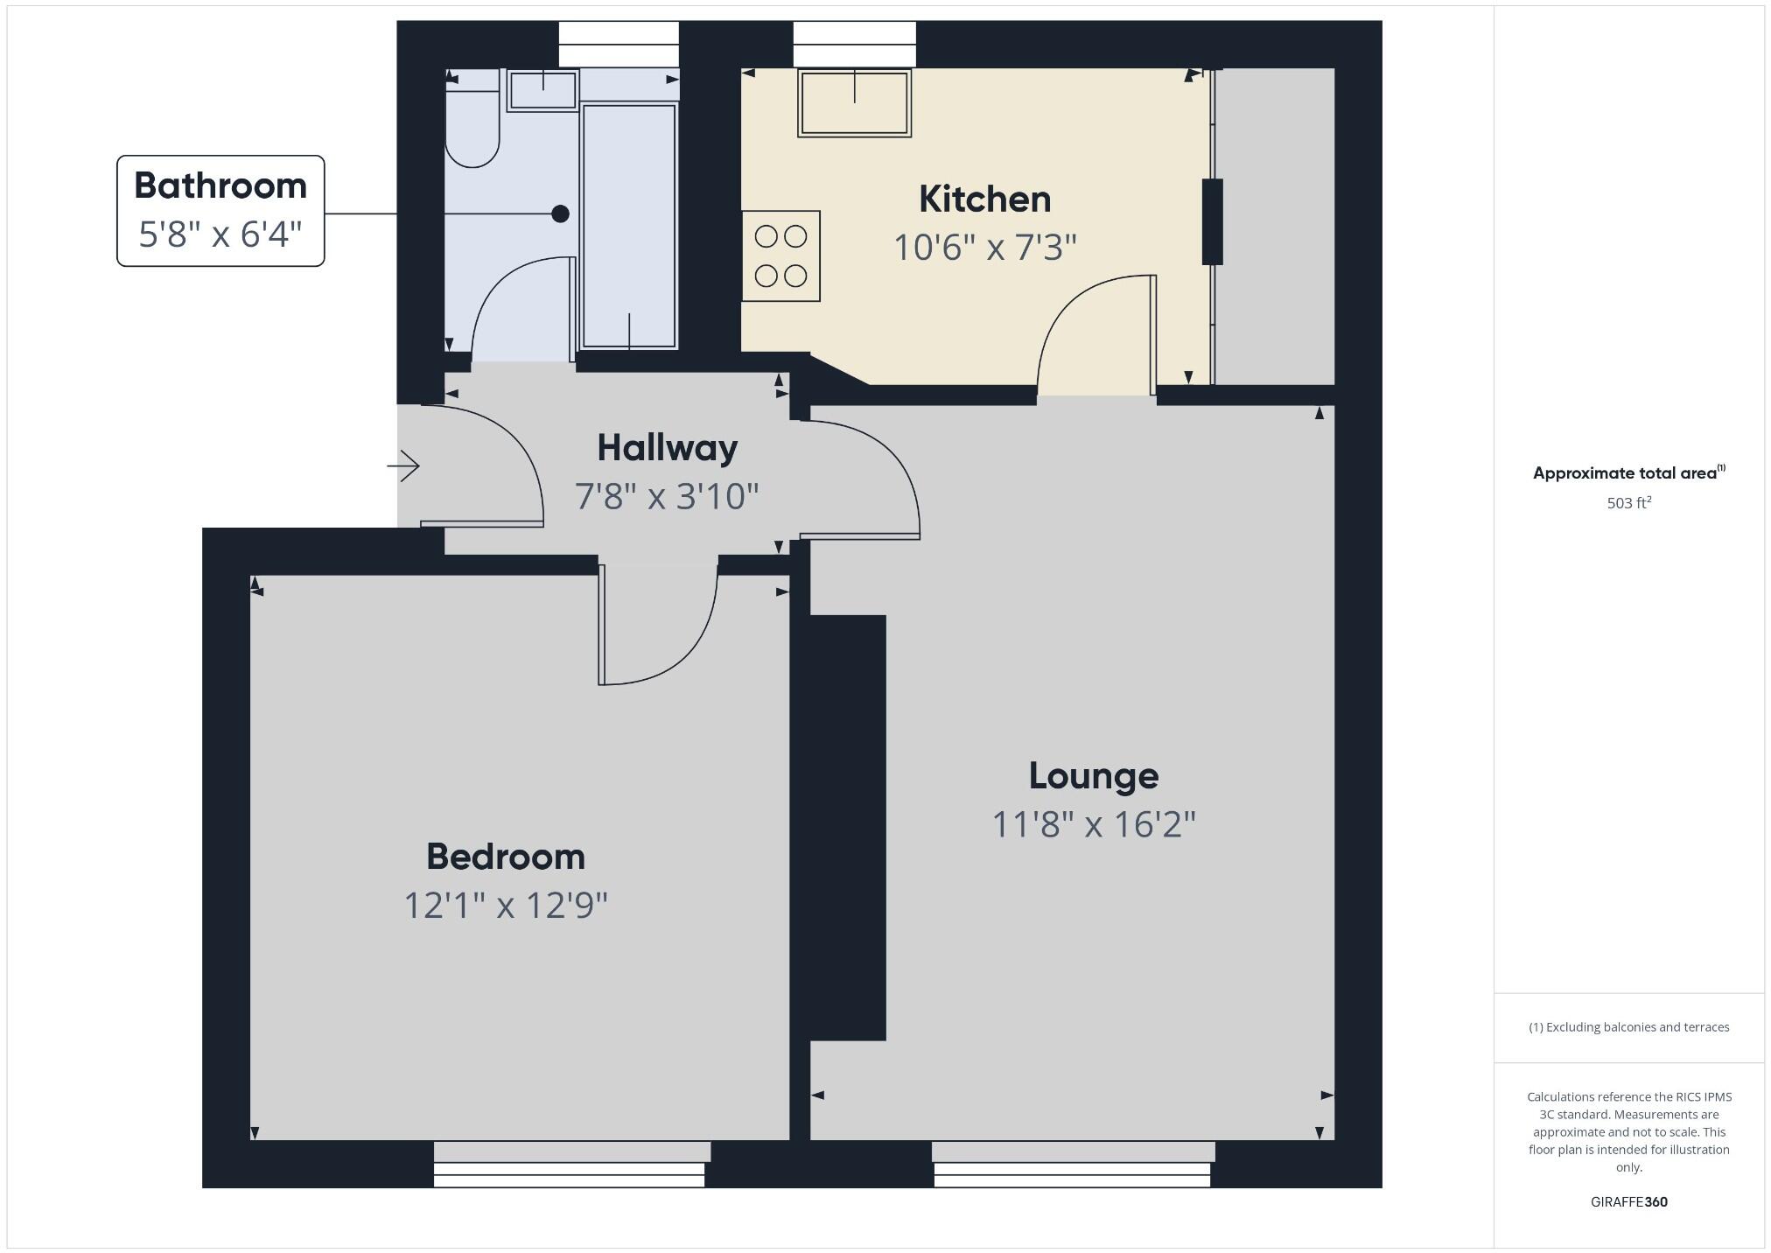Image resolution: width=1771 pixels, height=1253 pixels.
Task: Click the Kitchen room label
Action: point(984,199)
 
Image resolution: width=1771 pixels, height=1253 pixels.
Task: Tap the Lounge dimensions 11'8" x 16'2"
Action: point(1093,824)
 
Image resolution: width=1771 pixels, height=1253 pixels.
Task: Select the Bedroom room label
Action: point(505,857)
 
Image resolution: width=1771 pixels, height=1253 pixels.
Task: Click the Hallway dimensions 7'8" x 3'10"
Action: point(667,496)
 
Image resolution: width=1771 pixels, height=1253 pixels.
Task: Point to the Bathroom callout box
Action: point(220,211)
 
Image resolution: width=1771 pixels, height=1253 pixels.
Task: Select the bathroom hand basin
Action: point(542,90)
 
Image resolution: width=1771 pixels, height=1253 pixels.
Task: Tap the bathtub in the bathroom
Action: point(629,226)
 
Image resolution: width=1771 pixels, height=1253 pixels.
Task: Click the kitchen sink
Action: point(854,102)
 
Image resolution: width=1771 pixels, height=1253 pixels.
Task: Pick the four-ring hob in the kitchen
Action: point(780,256)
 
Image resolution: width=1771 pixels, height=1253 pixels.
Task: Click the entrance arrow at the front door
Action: point(403,465)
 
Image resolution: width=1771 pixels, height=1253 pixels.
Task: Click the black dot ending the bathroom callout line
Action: point(560,213)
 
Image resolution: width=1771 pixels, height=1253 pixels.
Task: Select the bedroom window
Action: point(570,1164)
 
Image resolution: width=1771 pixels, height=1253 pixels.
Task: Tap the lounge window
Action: point(1073,1164)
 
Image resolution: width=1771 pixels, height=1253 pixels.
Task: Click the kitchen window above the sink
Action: point(854,45)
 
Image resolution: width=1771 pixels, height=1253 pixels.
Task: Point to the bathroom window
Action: point(619,45)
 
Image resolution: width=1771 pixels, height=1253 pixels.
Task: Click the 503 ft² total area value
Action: point(1628,503)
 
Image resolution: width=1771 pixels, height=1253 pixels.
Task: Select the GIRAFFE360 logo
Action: point(1628,1201)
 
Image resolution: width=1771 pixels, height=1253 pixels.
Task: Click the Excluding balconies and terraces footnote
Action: point(1628,1027)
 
